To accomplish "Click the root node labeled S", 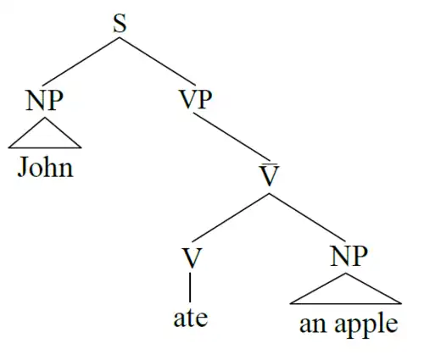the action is click(x=120, y=24).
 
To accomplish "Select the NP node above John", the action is click(x=44, y=100).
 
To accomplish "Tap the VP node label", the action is click(x=196, y=99).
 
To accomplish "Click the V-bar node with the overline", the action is click(x=269, y=174).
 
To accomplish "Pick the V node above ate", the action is click(x=192, y=258).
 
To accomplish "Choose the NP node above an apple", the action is click(x=349, y=256).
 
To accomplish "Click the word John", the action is click(x=45, y=167).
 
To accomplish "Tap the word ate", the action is click(x=191, y=318).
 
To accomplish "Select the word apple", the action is click(x=366, y=324).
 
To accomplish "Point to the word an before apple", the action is click(x=315, y=324).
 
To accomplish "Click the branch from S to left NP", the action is click(x=81, y=61).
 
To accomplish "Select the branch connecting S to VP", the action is click(x=157, y=61).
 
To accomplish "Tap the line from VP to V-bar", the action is click(x=232, y=137).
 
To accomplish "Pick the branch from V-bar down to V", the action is click(x=231, y=218).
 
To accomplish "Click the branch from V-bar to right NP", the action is click(x=307, y=218).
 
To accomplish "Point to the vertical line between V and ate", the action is click(x=190, y=287).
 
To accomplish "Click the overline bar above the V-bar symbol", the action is click(x=269, y=163).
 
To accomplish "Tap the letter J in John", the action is click(x=23, y=167).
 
